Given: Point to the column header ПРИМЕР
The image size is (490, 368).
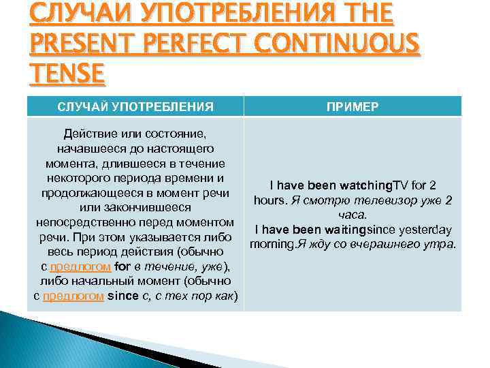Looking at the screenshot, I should [353, 106].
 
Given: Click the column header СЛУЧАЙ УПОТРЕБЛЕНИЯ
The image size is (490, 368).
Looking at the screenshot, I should [135, 106].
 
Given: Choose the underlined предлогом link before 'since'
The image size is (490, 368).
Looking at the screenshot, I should [73, 296].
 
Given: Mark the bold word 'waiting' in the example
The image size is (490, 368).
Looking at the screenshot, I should [340, 230].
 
